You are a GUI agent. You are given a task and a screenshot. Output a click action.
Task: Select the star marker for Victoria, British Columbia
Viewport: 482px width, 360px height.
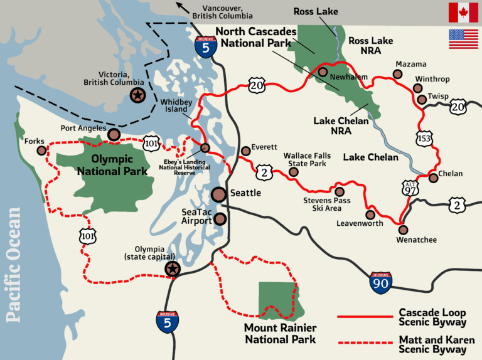pos(137,95)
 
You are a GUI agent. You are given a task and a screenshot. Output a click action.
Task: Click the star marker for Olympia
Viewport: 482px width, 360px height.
pos(171,269)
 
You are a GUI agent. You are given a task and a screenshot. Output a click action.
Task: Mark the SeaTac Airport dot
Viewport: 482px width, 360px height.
pos(220,219)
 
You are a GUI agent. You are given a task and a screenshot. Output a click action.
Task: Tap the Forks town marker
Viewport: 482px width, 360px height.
pos(41,151)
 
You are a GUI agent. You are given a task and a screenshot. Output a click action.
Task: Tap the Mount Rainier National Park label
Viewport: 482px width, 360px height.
pos(281,334)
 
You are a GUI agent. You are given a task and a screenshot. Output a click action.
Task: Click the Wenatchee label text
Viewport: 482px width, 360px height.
pos(416,240)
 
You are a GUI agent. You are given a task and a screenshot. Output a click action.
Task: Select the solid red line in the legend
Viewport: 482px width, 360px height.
pos(364,317)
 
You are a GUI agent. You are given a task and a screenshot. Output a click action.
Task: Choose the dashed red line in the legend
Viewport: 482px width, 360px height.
pos(364,342)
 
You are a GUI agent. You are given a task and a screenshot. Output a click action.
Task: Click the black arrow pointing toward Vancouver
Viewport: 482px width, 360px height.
pos(183,8)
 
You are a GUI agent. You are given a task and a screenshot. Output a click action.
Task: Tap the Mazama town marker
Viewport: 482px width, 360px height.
pos(397,74)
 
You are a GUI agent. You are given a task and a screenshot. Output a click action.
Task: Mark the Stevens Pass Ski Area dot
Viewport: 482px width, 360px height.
pos(340,192)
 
